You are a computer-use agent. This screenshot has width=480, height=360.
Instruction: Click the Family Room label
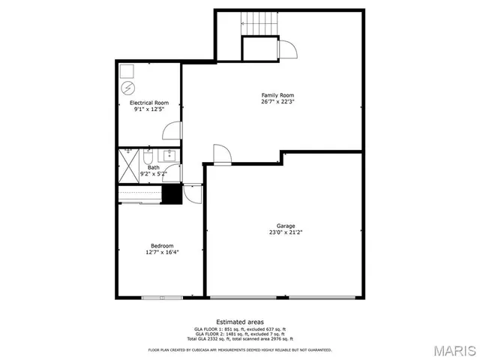pyautogui.click(x=276, y=95)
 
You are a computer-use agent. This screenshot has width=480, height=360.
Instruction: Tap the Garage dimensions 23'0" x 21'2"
pyautogui.click(x=285, y=232)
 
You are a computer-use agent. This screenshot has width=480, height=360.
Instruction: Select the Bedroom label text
pyautogui.click(x=162, y=246)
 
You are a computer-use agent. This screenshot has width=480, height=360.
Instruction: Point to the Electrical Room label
pyautogui.click(x=149, y=103)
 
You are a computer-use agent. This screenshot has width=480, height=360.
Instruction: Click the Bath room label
pyautogui.click(x=153, y=168)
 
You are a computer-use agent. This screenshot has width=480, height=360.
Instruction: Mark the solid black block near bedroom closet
pyautogui.click(x=172, y=194)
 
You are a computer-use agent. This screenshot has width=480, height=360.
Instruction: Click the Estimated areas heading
pyautogui.click(x=239, y=322)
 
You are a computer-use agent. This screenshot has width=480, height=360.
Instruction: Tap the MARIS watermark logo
pyautogui.click(x=452, y=349)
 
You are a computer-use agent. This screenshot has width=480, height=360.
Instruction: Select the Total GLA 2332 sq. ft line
pyautogui.click(x=239, y=339)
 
